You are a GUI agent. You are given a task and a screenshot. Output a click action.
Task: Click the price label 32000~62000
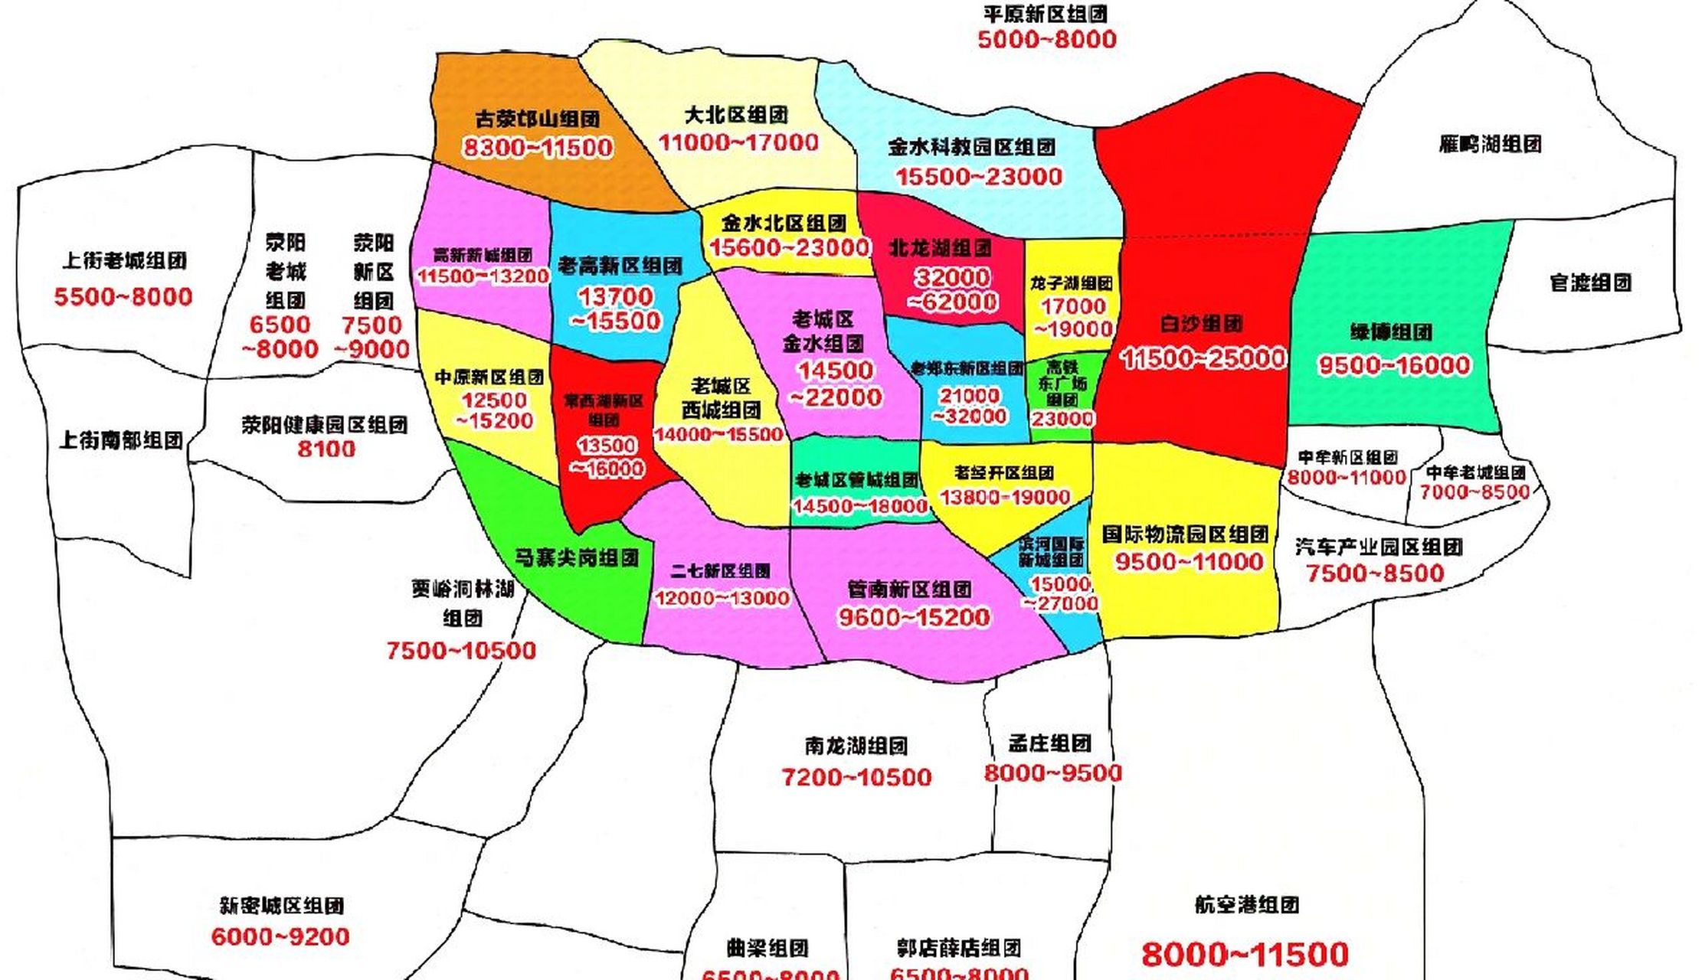(953, 289)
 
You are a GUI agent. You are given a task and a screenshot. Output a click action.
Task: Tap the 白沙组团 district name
(1201, 324)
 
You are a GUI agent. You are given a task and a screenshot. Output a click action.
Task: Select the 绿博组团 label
(1391, 332)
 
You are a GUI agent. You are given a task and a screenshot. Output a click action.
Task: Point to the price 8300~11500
(537, 147)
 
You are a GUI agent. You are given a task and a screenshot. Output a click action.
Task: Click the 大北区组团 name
(735, 116)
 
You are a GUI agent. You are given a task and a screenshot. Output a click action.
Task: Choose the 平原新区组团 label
(1046, 14)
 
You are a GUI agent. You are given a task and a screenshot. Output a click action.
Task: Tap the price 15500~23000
(979, 177)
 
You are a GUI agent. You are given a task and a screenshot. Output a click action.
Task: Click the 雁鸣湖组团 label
(1490, 144)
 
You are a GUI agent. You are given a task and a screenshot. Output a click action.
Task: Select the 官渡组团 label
(1591, 283)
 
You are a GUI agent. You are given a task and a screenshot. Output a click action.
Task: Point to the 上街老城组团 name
(124, 260)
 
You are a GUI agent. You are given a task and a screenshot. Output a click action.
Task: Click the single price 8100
(326, 449)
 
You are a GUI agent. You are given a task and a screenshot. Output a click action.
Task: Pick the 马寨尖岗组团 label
(576, 557)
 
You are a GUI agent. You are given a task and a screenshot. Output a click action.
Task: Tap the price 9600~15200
(914, 617)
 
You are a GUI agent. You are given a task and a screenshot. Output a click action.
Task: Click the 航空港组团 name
(1246, 905)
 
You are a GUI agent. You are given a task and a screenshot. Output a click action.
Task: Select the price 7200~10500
(856, 778)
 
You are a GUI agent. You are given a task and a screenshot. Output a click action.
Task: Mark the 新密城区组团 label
(281, 906)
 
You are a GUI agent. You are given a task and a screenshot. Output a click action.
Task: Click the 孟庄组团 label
(1049, 743)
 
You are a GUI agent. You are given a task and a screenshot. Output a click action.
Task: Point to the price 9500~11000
(1189, 562)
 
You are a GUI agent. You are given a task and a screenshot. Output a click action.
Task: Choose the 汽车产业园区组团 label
(1379, 547)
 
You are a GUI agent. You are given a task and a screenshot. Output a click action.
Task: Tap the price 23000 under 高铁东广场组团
(1062, 419)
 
